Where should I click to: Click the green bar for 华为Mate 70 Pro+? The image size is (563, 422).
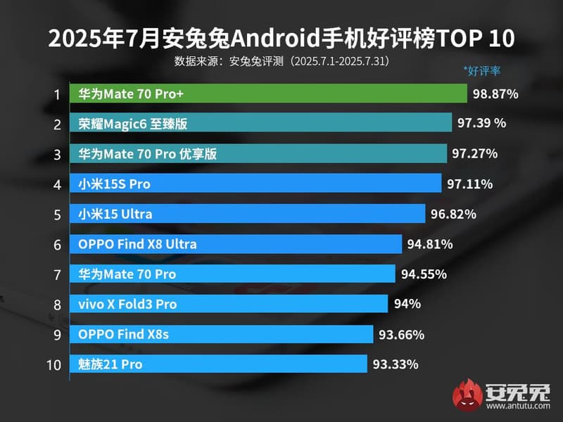pos(268,94)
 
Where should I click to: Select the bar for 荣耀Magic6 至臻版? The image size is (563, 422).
pos(260,124)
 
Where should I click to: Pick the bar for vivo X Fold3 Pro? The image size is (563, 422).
pos(229,304)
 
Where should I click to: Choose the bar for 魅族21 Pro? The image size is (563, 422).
pos(218,364)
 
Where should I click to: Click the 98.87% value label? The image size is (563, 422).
pos(495,94)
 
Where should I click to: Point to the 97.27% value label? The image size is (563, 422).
pos(475,153)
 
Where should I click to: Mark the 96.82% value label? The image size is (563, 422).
pos(453,214)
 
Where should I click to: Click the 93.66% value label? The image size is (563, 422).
pos(401,334)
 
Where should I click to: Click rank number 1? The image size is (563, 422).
pos(56,94)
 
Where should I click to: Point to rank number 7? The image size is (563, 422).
pos(56,274)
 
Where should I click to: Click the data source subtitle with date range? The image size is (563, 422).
pos(281,60)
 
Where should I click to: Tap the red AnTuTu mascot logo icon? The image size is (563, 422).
pos(465,397)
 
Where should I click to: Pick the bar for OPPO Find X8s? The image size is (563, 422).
pos(221,334)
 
